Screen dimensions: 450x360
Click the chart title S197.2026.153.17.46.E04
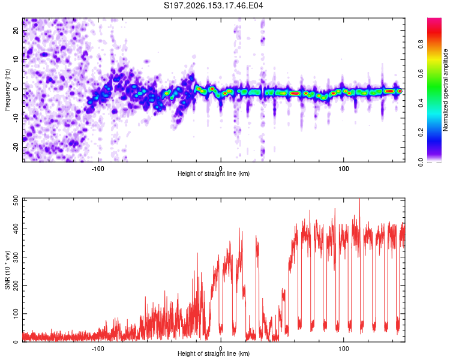pyautogui.click(x=213, y=5)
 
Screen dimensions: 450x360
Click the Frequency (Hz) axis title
pyautogui.click(x=7, y=90)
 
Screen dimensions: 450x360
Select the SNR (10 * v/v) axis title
pyautogui.click(x=7, y=270)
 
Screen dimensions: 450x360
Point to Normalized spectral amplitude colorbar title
pyautogui.click(x=445, y=90)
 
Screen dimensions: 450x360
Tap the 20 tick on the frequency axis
pyautogui.click(x=16, y=31)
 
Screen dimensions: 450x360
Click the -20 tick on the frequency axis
pyautogui.click(x=16, y=147)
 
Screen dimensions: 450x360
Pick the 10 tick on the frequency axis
pyautogui.click(x=16, y=59)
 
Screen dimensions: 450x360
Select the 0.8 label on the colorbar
pyautogui.click(x=421, y=44)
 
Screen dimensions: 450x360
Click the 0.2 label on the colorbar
pyautogui.click(x=421, y=133)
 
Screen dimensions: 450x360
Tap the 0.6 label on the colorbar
pyautogui.click(x=421, y=73)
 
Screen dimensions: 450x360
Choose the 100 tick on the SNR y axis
pyautogui.click(x=16, y=313)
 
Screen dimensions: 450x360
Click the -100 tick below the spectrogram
pyautogui.click(x=98, y=169)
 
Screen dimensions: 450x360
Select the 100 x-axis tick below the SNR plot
pyautogui.click(x=344, y=349)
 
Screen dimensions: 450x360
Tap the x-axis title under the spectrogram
pyautogui.click(x=214, y=173)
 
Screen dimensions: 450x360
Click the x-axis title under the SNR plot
pyautogui.click(x=214, y=353)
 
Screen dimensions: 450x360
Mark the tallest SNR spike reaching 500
pyautogui.click(x=359, y=199)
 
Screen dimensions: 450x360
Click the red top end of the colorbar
pyautogui.click(x=434, y=20)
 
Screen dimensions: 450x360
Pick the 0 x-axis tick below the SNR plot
pyautogui.click(x=221, y=349)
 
